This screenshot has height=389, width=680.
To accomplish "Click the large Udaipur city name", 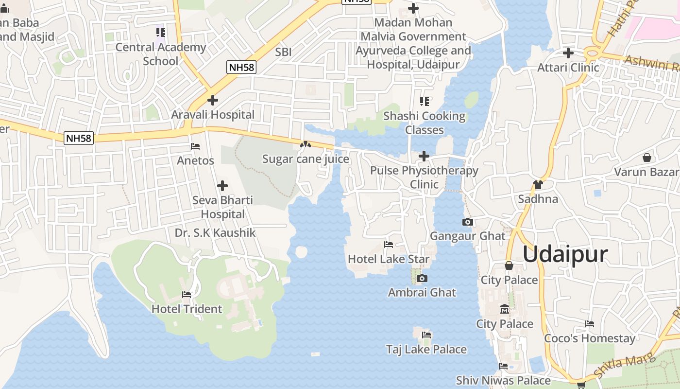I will [565, 254].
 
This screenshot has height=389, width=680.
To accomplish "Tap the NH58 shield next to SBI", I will [241, 67].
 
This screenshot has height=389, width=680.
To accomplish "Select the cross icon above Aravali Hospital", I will [212, 100].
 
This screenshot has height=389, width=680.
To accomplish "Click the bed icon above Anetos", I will [195, 146].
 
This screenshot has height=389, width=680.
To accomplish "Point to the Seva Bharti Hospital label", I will [222, 207].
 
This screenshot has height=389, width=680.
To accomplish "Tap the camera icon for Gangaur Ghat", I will [468, 222].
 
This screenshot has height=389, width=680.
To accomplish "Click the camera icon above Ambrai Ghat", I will [422, 279].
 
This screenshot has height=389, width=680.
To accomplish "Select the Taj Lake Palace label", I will [426, 349].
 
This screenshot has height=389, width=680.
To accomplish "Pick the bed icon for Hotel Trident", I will [187, 295].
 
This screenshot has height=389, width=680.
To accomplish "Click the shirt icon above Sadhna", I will [538, 185].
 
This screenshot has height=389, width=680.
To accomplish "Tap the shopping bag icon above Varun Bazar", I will [646, 158].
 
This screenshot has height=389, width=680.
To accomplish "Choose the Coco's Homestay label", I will [589, 338].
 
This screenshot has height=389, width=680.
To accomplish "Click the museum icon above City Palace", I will [505, 309].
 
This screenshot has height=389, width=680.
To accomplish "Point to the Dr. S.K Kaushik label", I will [215, 233].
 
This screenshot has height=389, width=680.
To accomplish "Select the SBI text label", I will [283, 52].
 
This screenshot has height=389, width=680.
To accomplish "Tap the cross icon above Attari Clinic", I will [568, 53].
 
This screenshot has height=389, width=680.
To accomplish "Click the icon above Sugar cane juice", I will [305, 144].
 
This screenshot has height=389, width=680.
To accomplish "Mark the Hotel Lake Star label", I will [389, 259].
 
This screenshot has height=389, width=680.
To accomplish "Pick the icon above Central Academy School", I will [161, 33].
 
